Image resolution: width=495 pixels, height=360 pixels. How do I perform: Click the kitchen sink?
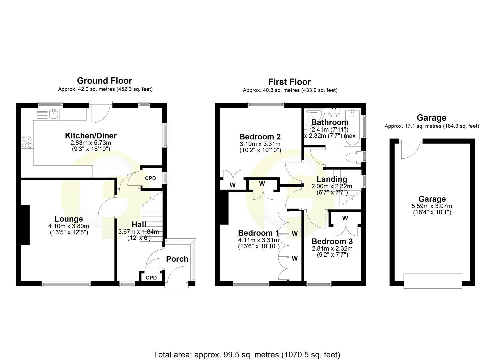point(53,114)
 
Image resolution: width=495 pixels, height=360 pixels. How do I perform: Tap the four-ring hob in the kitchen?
point(27,142)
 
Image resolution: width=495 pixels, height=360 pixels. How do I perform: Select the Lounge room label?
point(69,219)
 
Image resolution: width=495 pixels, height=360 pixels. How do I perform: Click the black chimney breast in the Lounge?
point(25,225)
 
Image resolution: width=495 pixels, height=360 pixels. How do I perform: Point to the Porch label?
point(177,259)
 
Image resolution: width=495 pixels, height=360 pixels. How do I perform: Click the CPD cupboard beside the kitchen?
point(150,178)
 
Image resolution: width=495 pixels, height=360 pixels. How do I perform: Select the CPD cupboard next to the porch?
point(151,277)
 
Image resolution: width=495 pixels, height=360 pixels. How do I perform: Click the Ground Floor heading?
point(104,81)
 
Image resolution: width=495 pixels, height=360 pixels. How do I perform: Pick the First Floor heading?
point(289,82)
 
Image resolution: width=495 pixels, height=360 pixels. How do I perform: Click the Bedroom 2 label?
point(260,137)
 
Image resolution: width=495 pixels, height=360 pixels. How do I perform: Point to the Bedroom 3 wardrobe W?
point(345,218)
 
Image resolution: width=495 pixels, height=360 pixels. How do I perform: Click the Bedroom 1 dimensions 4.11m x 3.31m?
point(258,240)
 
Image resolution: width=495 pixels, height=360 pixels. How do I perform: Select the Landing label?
point(332,179)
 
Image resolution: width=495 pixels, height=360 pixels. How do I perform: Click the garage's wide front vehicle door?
point(433,281)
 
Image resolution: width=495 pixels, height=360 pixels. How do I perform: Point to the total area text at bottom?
point(247,355)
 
